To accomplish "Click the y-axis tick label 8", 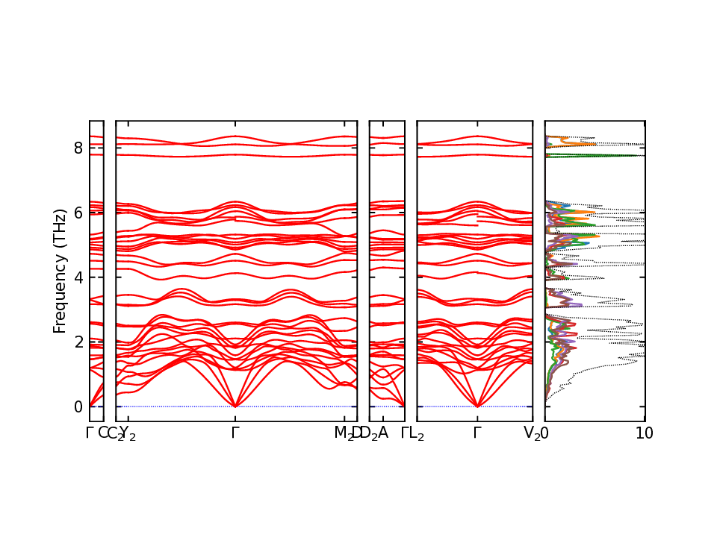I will tap(78, 148).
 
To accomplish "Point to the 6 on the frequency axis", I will tap(78, 213).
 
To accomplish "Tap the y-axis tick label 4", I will tap(78, 277).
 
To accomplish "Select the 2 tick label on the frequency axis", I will tap(78, 342).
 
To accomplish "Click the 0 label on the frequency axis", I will tap(78, 406).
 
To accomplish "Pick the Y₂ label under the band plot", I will tap(128, 433).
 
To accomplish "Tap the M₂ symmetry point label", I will tap(343, 433).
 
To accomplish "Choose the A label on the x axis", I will tap(383, 433).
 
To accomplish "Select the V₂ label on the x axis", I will tap(532, 433).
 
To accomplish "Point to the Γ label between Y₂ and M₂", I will tap(235, 433).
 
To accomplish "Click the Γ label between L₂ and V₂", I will tap(477, 433).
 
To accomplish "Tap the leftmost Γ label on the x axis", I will tap(90, 433).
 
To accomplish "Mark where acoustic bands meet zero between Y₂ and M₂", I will tap(235, 406).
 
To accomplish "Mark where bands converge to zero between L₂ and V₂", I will tap(477, 406).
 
